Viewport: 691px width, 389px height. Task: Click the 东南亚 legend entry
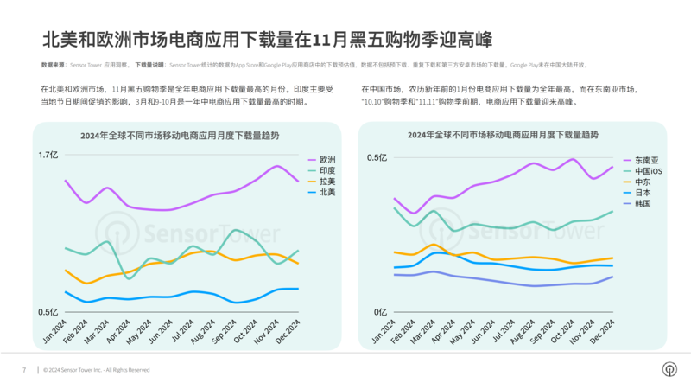point(646,161)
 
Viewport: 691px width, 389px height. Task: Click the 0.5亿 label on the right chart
point(377,157)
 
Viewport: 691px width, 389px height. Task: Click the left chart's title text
point(180,136)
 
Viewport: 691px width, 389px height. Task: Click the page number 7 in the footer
point(24,370)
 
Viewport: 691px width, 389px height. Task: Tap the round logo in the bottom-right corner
point(669,369)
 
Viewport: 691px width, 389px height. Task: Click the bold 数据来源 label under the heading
point(54,65)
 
